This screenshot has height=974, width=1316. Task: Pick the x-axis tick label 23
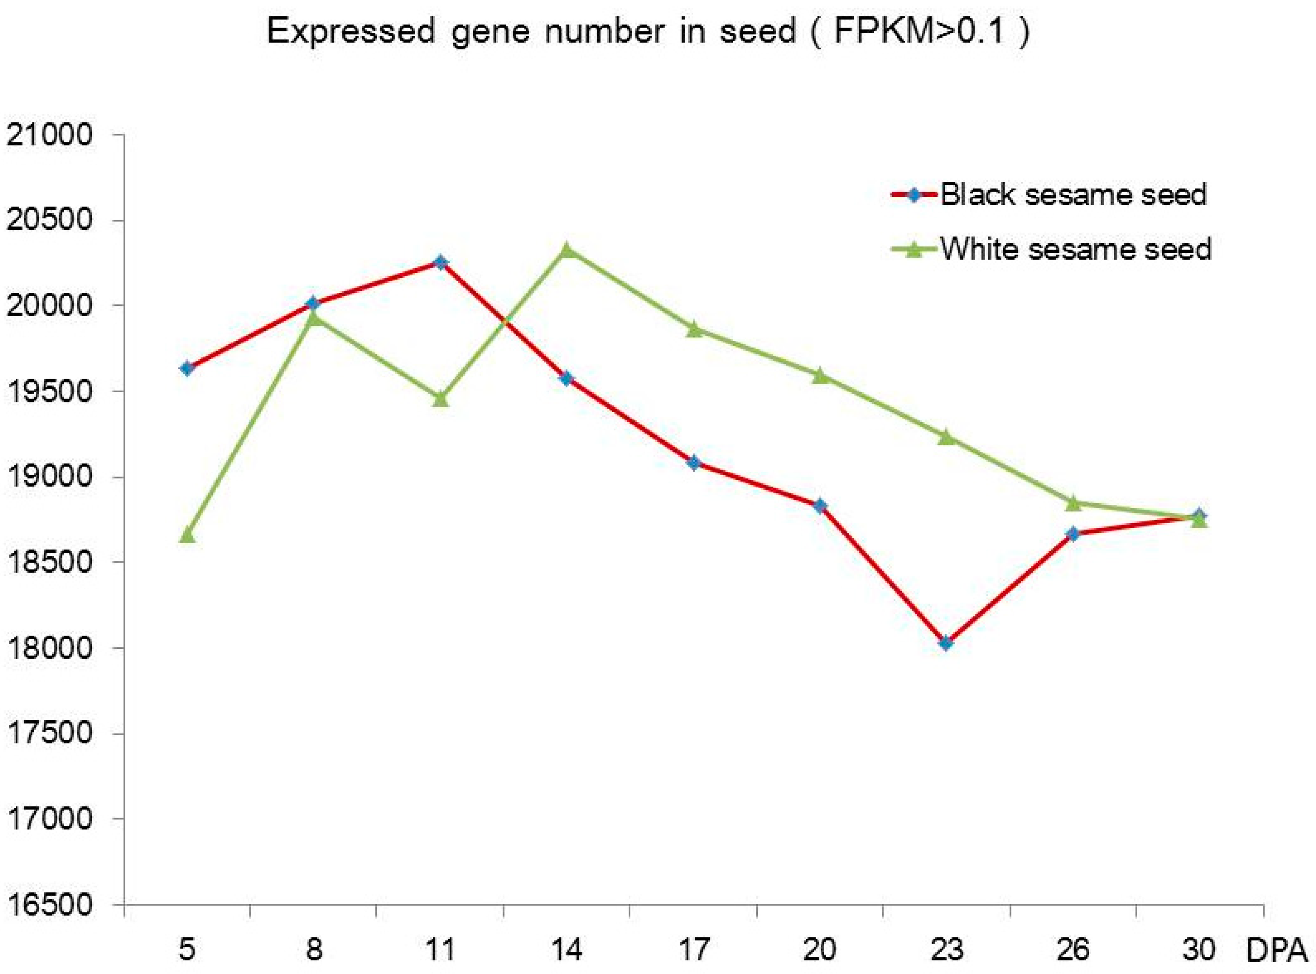[946, 950]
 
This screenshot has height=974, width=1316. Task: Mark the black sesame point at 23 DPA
[946, 643]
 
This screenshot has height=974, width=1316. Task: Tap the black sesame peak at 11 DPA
[440, 262]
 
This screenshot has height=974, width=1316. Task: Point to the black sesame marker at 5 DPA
[187, 368]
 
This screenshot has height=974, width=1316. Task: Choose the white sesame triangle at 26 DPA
[1073, 502]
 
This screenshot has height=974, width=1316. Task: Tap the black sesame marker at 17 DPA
[694, 463]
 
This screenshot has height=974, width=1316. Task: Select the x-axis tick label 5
[187, 950]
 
